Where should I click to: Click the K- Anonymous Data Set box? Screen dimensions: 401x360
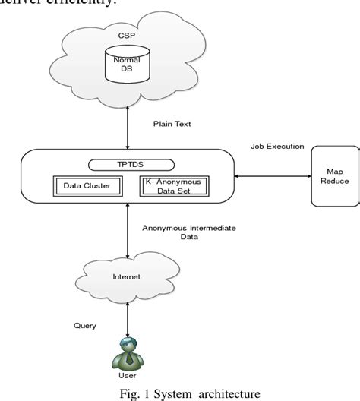point(177,186)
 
